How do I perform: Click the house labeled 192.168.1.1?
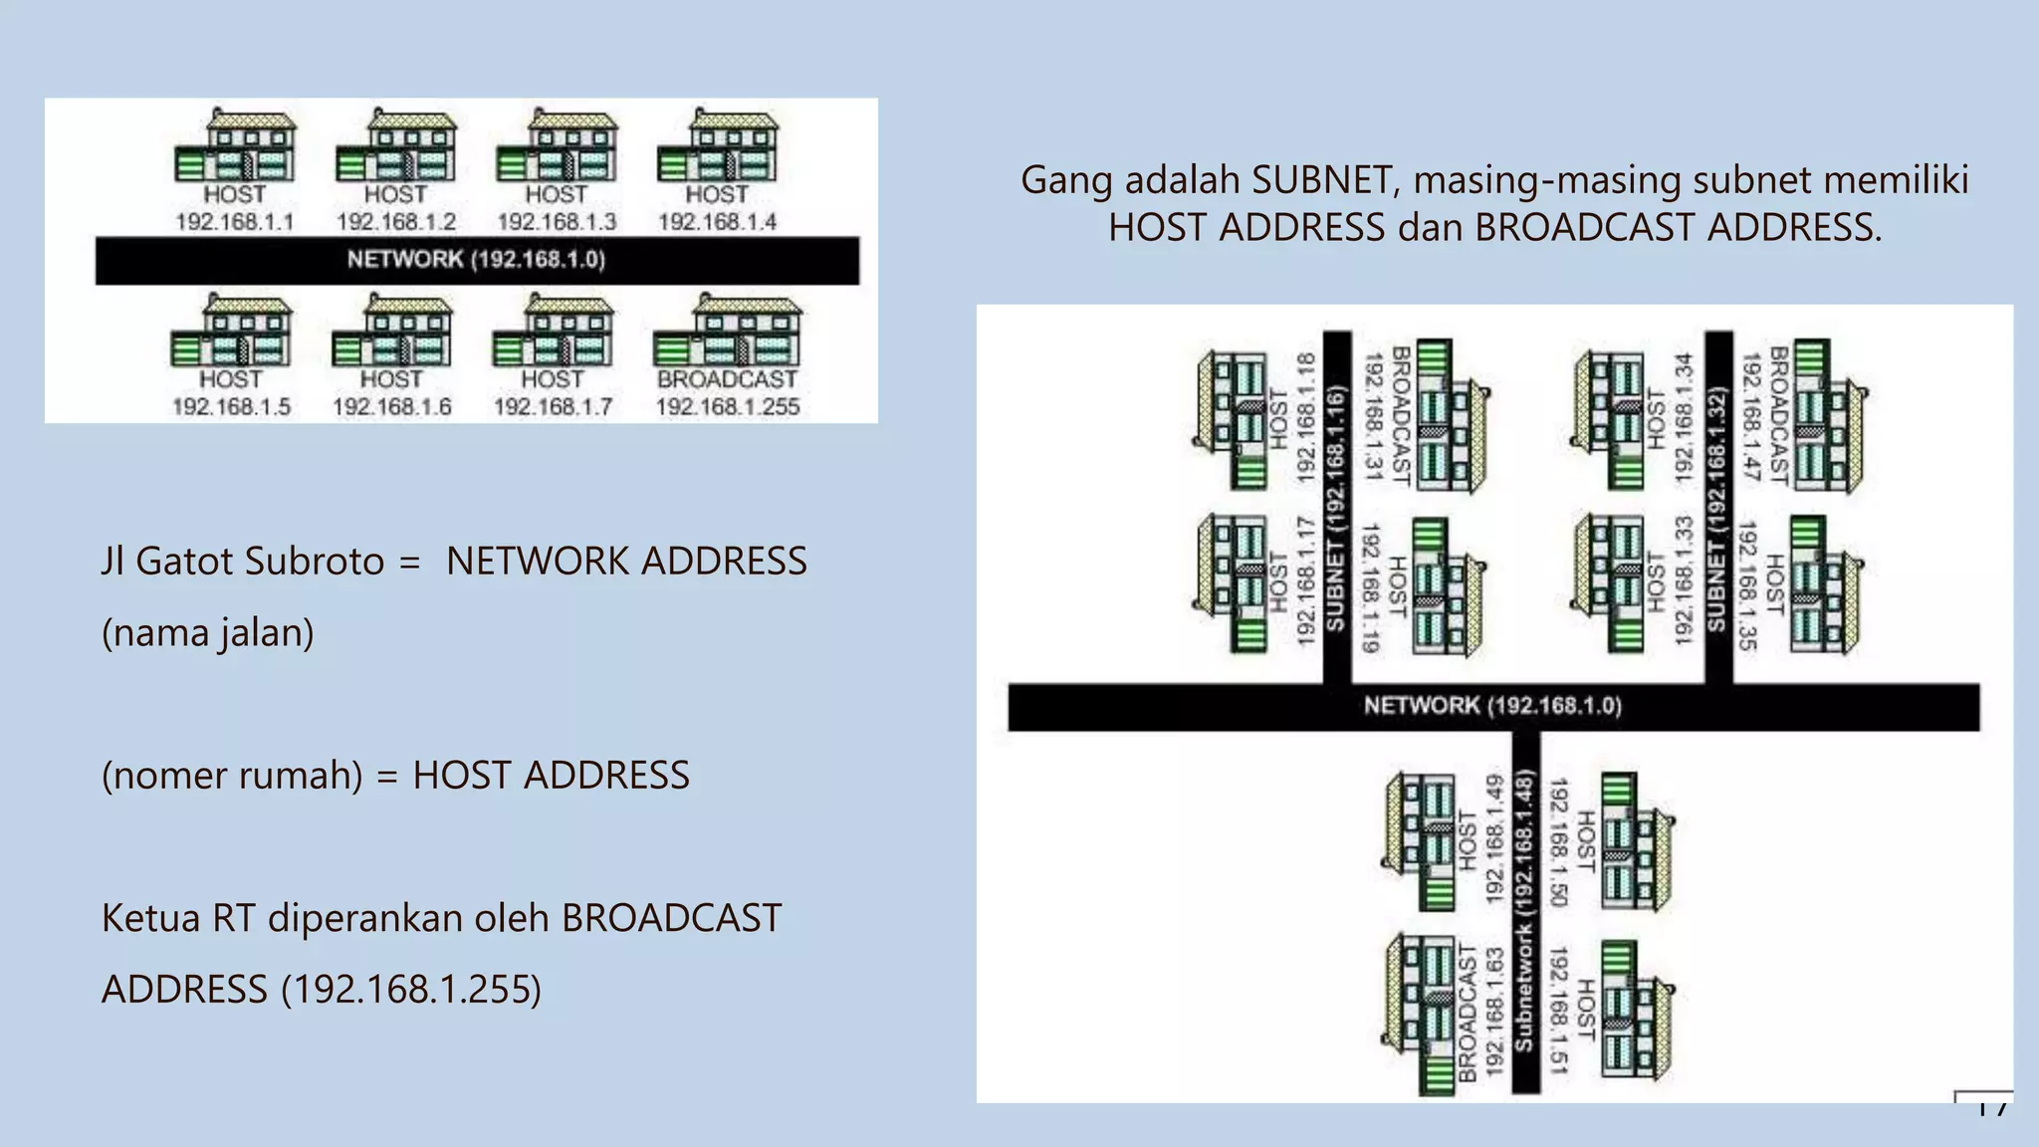pyautogui.click(x=236, y=147)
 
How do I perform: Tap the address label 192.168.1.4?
pyautogui.click(x=717, y=222)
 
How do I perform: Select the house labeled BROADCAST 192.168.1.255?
pyautogui.click(x=727, y=332)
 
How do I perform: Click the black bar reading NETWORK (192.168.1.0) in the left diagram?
pyautogui.click(x=477, y=260)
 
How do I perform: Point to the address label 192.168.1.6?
pyautogui.click(x=391, y=407)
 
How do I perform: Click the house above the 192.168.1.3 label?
pyautogui.click(x=557, y=147)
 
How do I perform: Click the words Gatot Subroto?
pyautogui.click(x=260, y=562)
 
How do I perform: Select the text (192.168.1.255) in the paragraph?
pyautogui.click(x=411, y=990)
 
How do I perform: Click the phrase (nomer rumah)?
pyautogui.click(x=232, y=776)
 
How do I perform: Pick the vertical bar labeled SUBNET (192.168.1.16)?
pyautogui.click(x=1336, y=508)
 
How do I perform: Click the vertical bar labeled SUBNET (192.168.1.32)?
pyautogui.click(x=1717, y=508)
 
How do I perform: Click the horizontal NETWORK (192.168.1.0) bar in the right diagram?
pyautogui.click(x=1492, y=707)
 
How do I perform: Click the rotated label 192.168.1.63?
pyautogui.click(x=1493, y=1011)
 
